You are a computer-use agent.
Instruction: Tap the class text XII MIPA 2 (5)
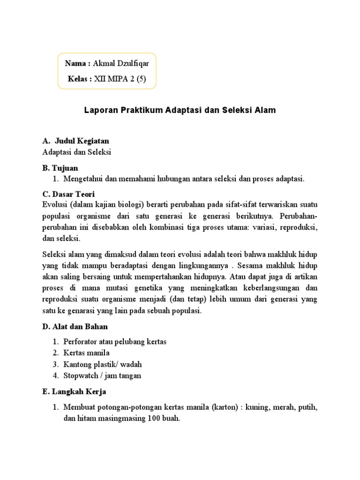(120, 79)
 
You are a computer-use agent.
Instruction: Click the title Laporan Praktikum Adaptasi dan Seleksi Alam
(180, 111)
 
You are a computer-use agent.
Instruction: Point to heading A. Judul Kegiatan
(75, 141)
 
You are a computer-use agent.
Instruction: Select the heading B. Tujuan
(60, 168)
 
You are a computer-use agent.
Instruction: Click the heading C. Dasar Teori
(68, 194)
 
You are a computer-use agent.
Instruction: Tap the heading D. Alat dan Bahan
(75, 326)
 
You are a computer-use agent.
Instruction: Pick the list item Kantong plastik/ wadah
(103, 364)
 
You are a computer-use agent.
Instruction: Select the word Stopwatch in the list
(81, 375)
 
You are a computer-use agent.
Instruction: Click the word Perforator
(82, 342)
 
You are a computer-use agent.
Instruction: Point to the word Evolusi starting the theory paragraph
(54, 205)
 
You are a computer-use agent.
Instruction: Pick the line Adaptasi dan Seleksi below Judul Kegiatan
(77, 152)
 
